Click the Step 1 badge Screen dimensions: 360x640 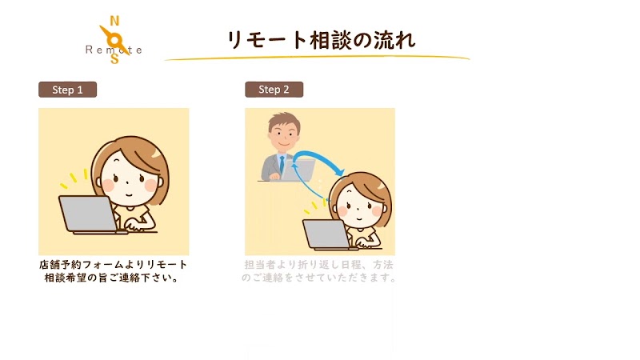[67, 90]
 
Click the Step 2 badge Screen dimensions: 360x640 [274, 90]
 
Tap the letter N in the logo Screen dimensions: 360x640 [114, 21]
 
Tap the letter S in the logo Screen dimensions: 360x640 [115, 58]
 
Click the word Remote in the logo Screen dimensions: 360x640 [114, 50]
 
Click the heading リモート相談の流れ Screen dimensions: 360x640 [321, 40]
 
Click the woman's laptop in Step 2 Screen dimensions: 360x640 [325, 234]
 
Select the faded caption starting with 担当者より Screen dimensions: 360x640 [319, 271]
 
